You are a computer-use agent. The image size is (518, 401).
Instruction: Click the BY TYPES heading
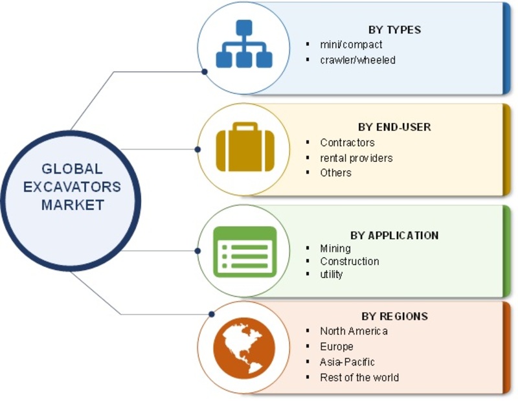coord(394,30)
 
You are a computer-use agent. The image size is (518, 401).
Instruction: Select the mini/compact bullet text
coord(351,45)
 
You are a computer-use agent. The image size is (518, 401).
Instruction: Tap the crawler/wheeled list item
coord(358,60)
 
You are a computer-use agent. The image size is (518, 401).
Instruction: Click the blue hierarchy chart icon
coord(244,43)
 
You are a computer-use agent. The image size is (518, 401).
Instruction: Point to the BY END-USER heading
coord(394,127)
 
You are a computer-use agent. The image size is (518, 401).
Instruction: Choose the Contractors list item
coord(347,143)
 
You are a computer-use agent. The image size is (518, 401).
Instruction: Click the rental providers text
coord(357,158)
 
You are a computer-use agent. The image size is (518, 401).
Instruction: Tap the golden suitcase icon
coord(245,147)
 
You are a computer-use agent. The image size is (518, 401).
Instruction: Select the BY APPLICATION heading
coord(394,235)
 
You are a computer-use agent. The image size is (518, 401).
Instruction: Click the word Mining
coord(335,248)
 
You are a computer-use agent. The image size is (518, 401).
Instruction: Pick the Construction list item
coord(350,261)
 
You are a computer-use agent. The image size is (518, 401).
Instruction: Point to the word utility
coord(332,275)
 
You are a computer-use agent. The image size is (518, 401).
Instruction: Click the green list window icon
coord(245,251)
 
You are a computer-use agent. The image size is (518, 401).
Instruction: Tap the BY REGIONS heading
coord(394,316)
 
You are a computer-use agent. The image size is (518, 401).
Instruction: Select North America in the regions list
coord(354,331)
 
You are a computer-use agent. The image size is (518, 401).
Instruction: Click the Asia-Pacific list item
coord(347,362)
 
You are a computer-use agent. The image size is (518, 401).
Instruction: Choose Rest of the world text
coord(359,377)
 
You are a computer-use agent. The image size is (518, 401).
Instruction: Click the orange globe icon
coord(245,348)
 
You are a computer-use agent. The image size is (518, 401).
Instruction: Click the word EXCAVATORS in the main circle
coord(72,187)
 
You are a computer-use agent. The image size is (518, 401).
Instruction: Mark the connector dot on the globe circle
coord(212,314)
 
